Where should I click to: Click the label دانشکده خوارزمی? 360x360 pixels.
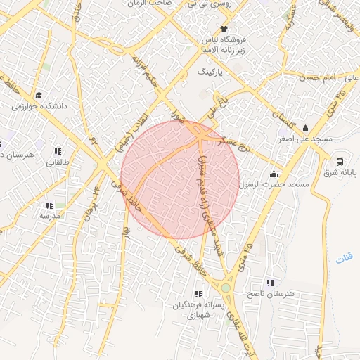[x=39, y=106]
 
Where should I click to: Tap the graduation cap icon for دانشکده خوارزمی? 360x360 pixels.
[x=39, y=95]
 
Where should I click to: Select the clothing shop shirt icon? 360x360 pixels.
[x=224, y=29]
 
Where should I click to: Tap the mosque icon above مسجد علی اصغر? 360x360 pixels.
[x=305, y=128]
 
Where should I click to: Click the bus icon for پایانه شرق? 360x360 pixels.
[x=340, y=160]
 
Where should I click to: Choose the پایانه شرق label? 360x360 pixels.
[x=340, y=172]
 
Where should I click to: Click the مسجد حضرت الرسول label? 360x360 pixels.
[x=274, y=184]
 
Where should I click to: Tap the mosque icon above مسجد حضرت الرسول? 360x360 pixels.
[x=274, y=174]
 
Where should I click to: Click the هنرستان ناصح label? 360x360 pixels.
[x=270, y=293]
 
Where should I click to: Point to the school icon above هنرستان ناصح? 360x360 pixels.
[x=270, y=283]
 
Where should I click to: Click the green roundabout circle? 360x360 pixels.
[x=226, y=287]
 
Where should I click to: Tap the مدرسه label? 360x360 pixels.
[x=49, y=217]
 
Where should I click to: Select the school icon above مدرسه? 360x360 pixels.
[x=49, y=205]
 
